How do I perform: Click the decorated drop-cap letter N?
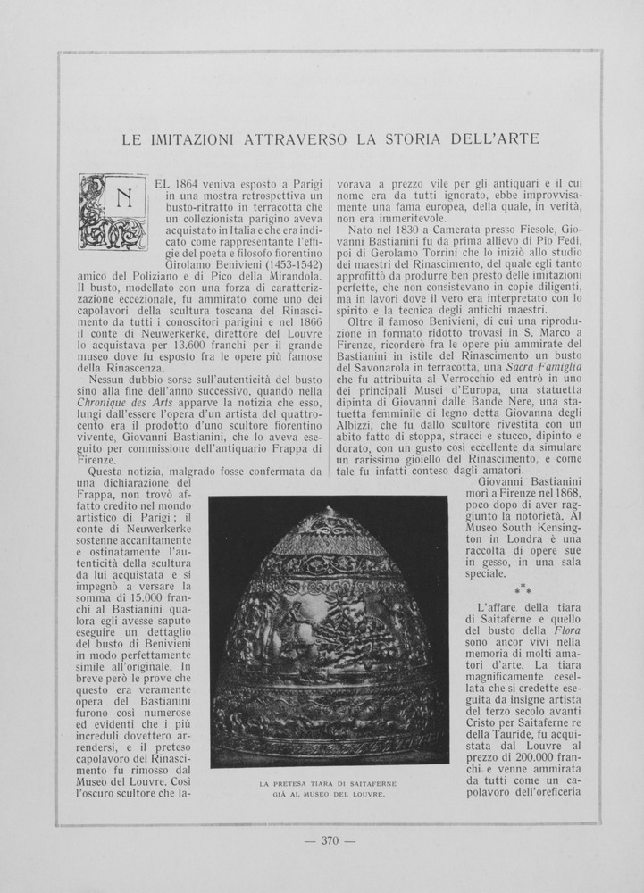pyautogui.click(x=113, y=212)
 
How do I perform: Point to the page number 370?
pyautogui.click(x=330, y=839)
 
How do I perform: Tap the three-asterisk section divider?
pyautogui.click(x=523, y=588)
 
